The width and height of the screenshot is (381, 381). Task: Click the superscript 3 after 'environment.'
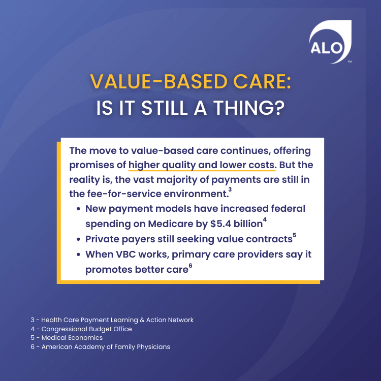coord(230,189)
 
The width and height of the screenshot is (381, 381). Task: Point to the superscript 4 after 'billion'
coord(265,220)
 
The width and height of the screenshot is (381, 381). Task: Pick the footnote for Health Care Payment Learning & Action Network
coord(112,320)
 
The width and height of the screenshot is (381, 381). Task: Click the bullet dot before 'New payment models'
coord(78,209)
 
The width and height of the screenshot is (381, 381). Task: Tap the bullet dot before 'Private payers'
coord(78,239)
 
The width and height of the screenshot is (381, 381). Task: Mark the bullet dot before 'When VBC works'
coord(78,255)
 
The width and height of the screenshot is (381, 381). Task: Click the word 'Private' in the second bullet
coord(104,239)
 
